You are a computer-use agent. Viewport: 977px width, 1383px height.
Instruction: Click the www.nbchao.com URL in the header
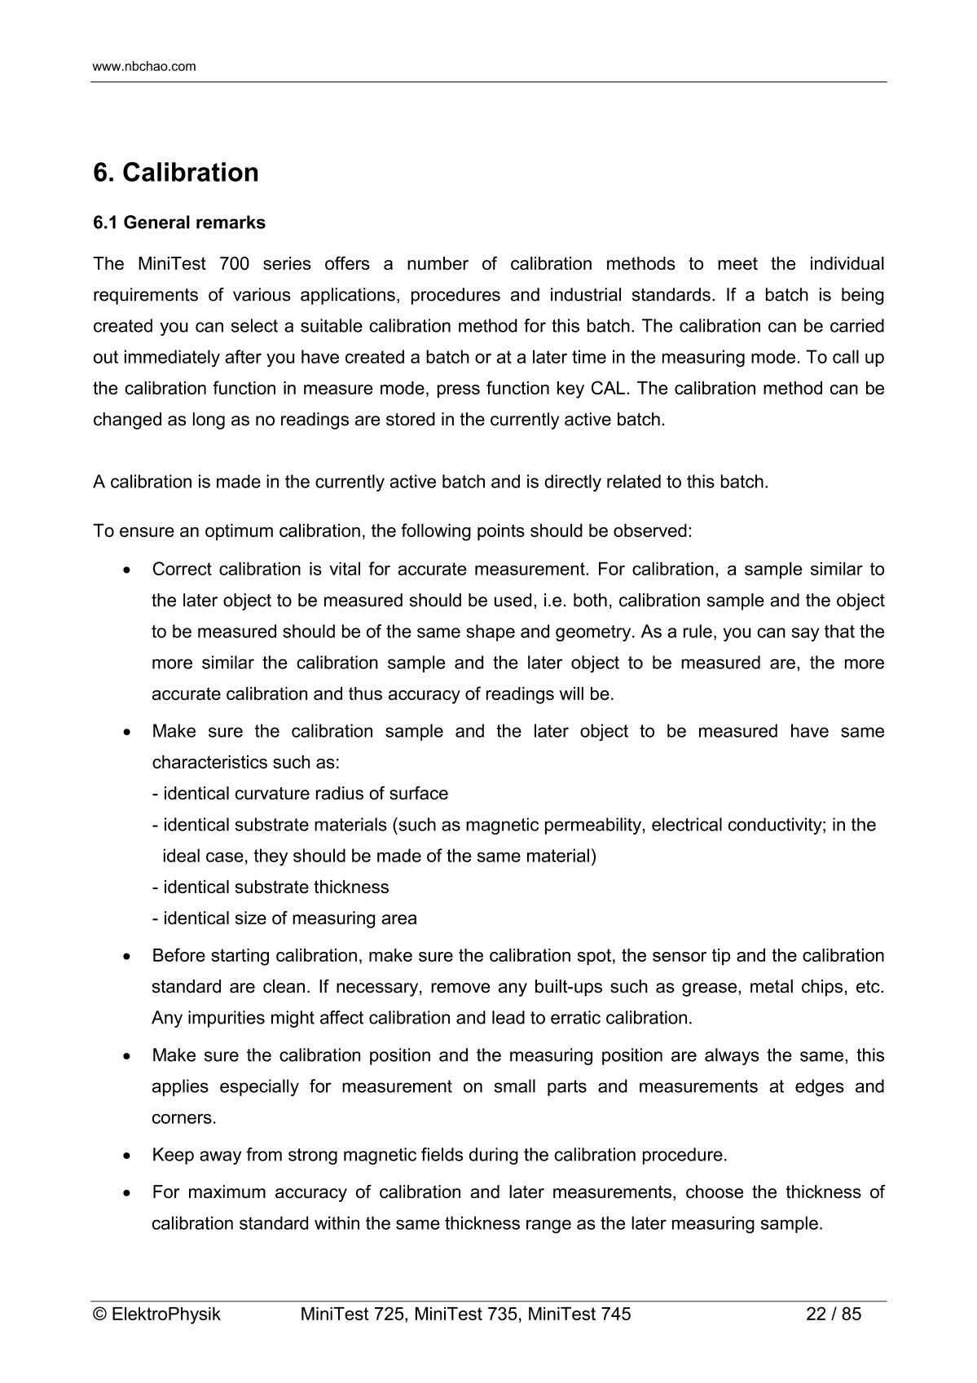click(144, 67)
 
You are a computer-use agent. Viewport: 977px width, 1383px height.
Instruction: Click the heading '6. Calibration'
click(176, 173)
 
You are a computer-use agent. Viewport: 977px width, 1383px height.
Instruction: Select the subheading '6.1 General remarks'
click(179, 222)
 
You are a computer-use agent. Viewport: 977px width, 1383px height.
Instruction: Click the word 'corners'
click(183, 1118)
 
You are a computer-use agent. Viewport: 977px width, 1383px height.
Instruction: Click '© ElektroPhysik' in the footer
click(156, 1314)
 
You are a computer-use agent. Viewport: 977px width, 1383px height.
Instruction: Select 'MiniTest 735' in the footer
click(464, 1314)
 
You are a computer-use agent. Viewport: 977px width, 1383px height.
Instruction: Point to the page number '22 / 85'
click(833, 1314)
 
